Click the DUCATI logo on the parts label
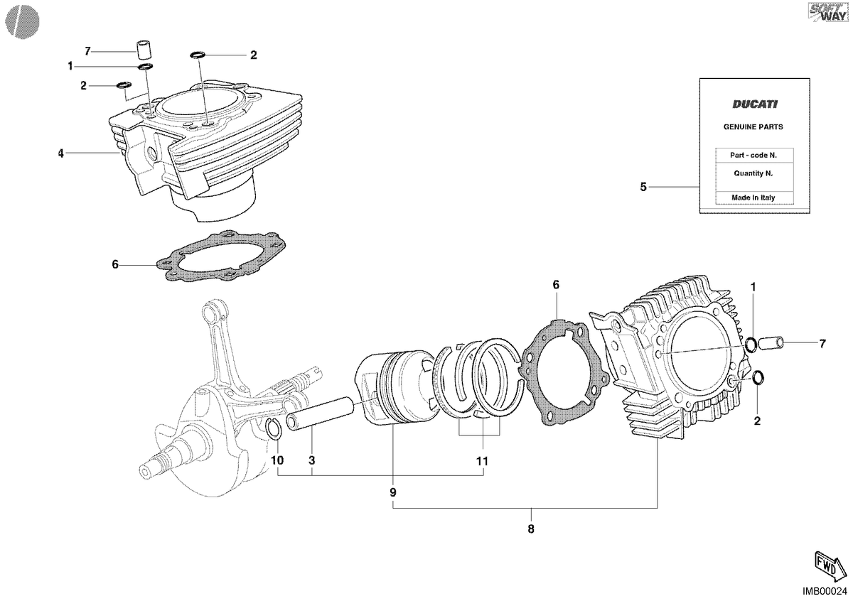pyautogui.click(x=755, y=104)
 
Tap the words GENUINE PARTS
pyautogui.click(x=753, y=127)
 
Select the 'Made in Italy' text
pyautogui.click(x=753, y=197)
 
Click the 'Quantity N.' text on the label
pyautogui.click(x=753, y=173)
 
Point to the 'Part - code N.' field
pyautogui.click(x=753, y=156)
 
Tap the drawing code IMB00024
pyautogui.click(x=825, y=591)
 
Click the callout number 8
pyautogui.click(x=531, y=529)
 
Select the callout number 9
pyautogui.click(x=393, y=492)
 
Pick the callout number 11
pyautogui.click(x=482, y=461)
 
